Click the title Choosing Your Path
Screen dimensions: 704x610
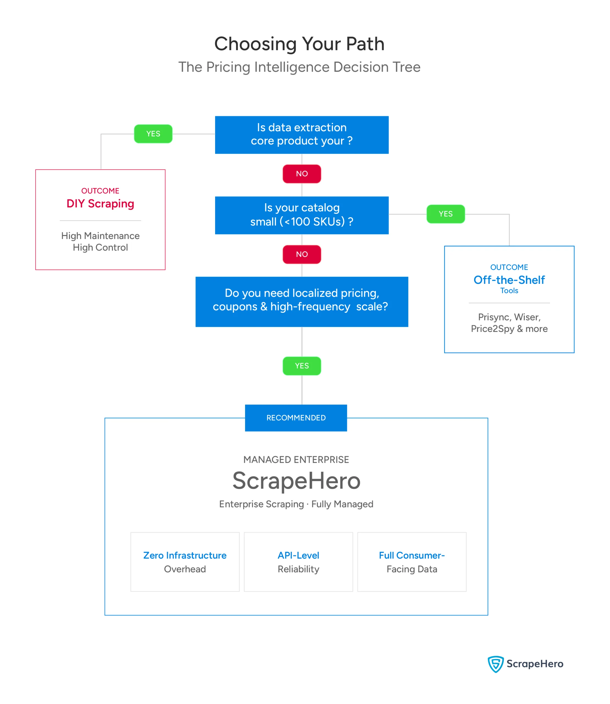[x=299, y=44]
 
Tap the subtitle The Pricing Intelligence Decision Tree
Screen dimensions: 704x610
[x=299, y=67]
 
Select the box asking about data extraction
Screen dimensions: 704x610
[x=302, y=135]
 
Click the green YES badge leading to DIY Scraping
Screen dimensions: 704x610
[x=153, y=134]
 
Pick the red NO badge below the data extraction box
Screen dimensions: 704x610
[x=302, y=174]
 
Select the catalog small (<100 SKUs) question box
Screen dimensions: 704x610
[x=302, y=215]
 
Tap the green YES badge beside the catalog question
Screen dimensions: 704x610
[x=446, y=214]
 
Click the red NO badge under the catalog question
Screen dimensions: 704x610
[x=302, y=254]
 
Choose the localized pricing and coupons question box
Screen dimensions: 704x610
[x=302, y=302]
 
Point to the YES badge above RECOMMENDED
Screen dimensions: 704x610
[x=302, y=366]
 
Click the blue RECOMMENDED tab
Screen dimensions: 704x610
[x=296, y=418]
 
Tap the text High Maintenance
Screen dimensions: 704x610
[x=100, y=236]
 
